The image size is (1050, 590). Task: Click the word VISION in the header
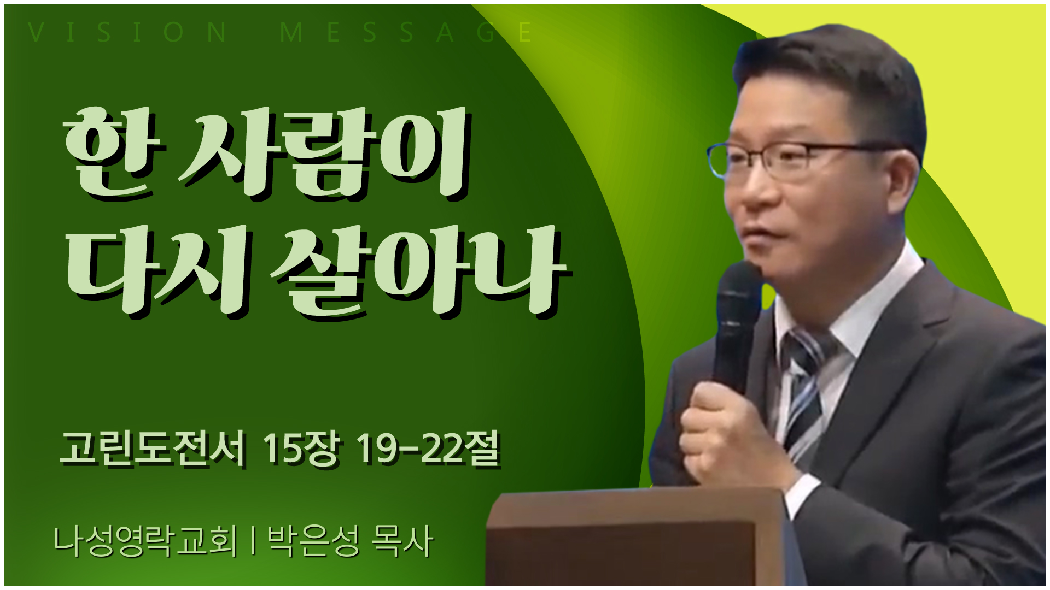click(127, 32)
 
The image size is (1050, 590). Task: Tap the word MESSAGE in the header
click(406, 32)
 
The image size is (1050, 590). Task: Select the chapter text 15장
click(300, 449)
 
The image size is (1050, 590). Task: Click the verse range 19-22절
click(428, 449)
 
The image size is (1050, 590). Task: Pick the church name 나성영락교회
click(145, 541)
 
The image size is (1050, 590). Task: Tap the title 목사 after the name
click(402, 541)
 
